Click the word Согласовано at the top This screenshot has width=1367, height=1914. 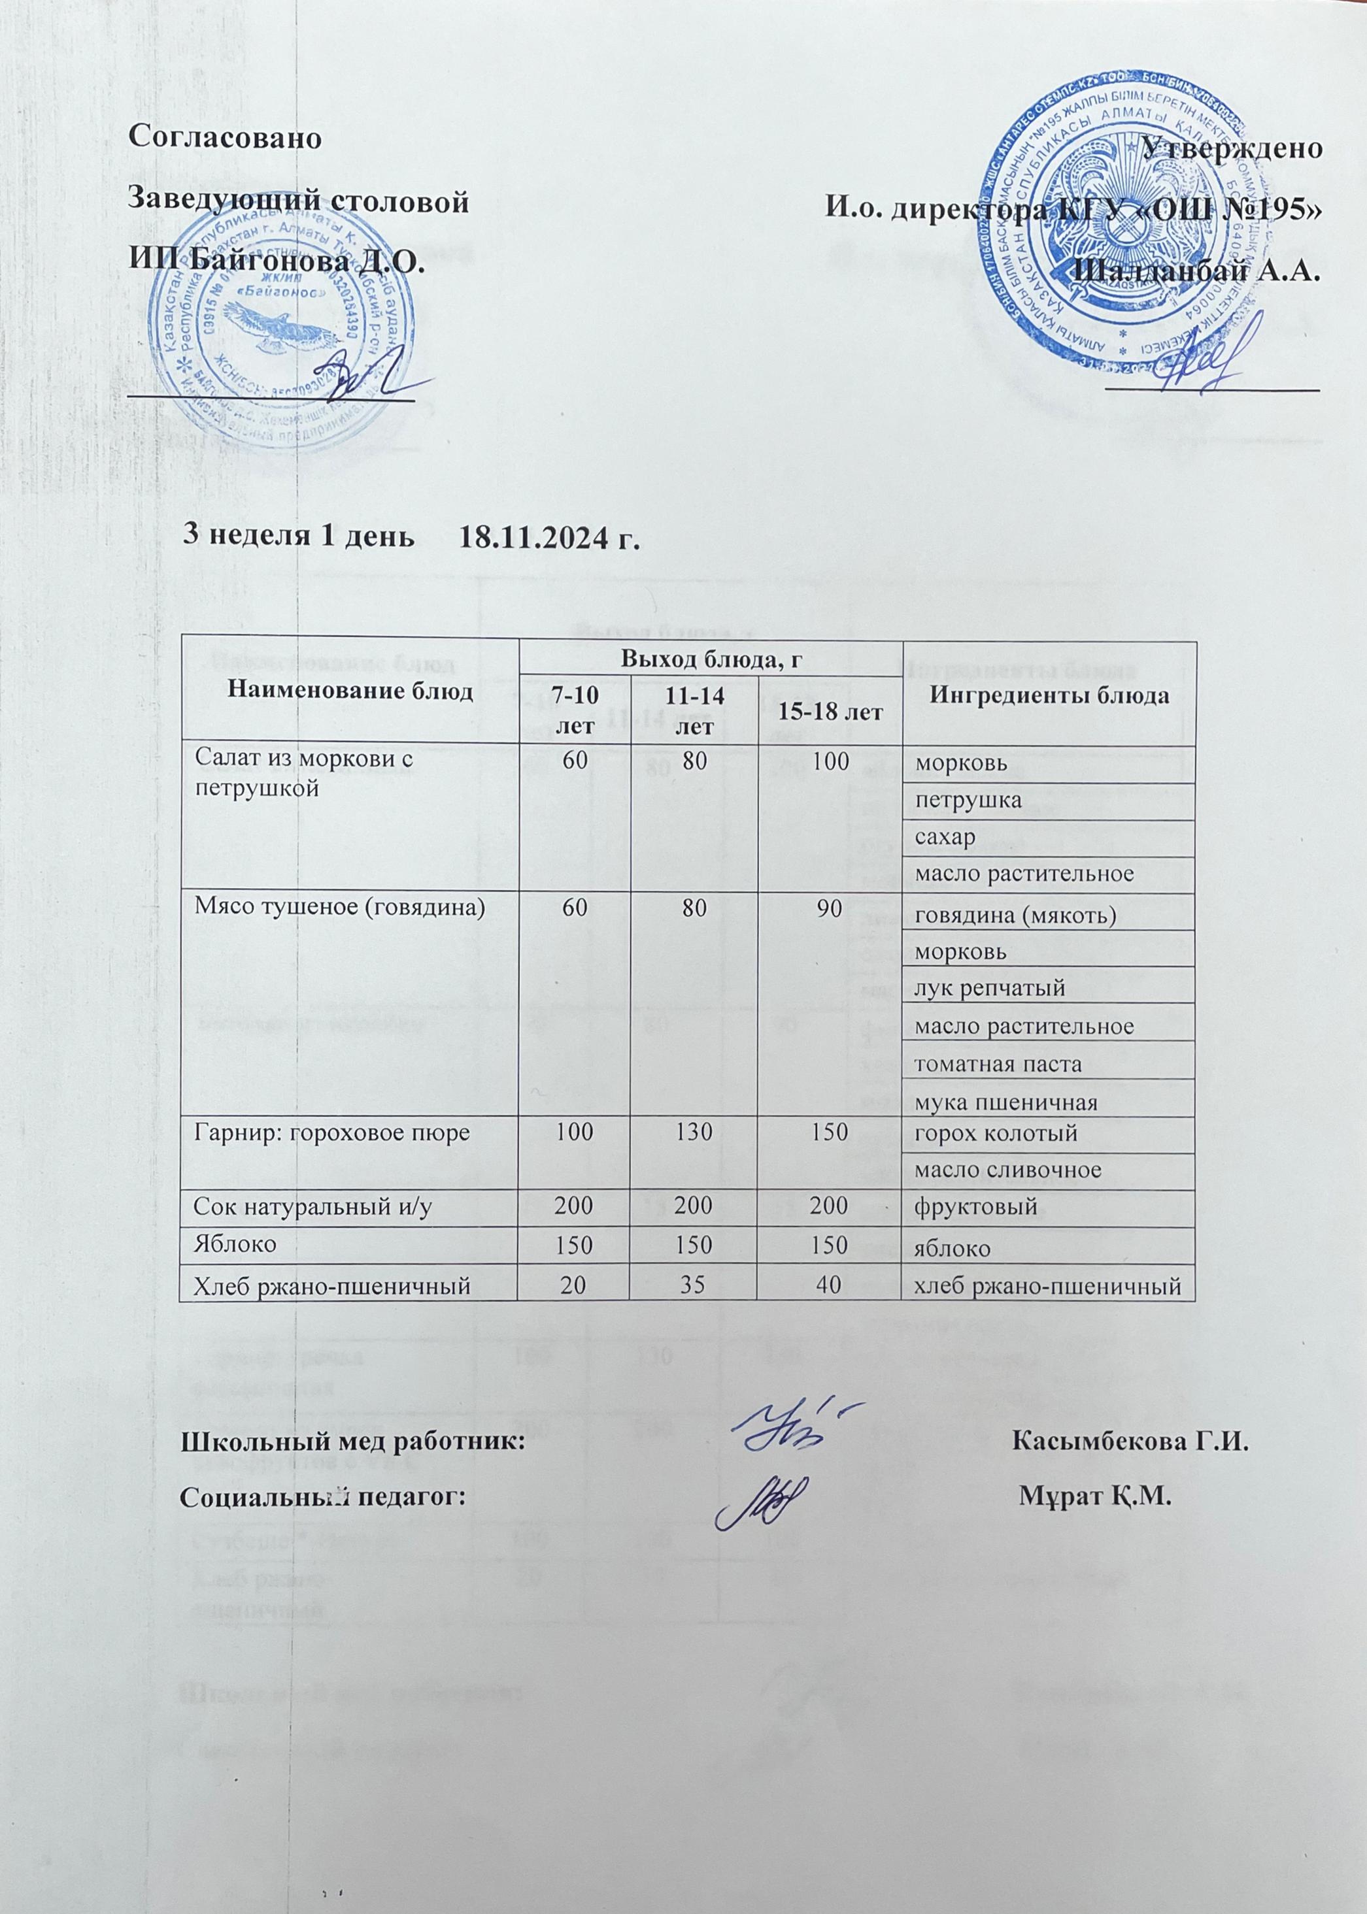pyautogui.click(x=225, y=138)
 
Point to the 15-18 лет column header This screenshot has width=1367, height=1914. pyautogui.click(x=828, y=712)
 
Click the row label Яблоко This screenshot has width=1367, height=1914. pyautogui.click(x=228, y=1244)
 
